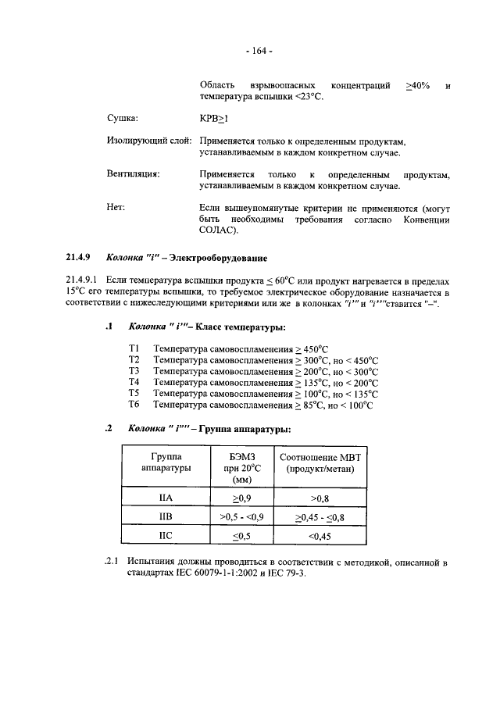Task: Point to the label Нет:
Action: click(115, 207)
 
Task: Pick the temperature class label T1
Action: click(133, 347)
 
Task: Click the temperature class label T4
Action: click(133, 382)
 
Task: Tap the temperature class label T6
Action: click(133, 405)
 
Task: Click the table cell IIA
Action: click(165, 497)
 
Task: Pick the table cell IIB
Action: click(165, 516)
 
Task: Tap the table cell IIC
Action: click(165, 536)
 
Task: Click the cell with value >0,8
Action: click(320, 497)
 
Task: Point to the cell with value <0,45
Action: click(320, 536)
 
